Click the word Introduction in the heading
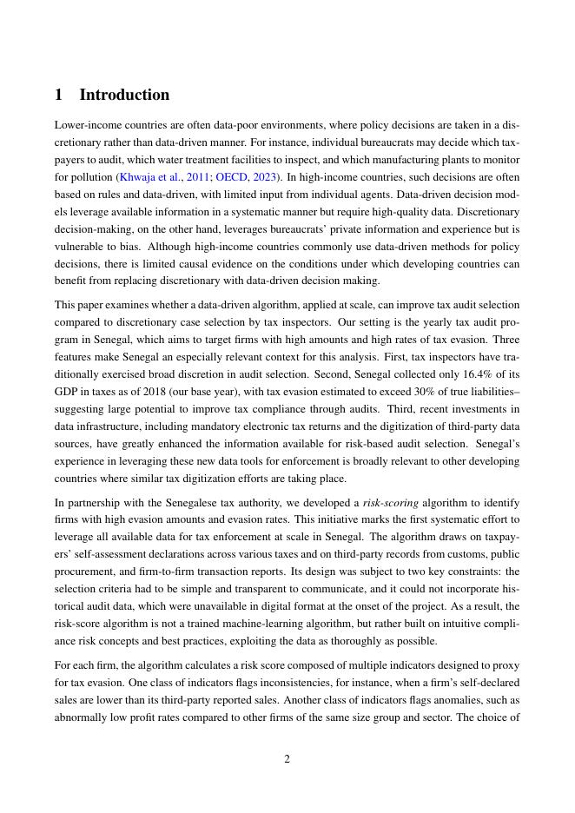click(124, 95)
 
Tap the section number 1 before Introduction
click(59, 95)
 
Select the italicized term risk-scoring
click(390, 502)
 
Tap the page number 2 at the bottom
click(287, 759)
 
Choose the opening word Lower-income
click(88, 124)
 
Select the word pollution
click(93, 176)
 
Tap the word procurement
click(83, 572)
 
